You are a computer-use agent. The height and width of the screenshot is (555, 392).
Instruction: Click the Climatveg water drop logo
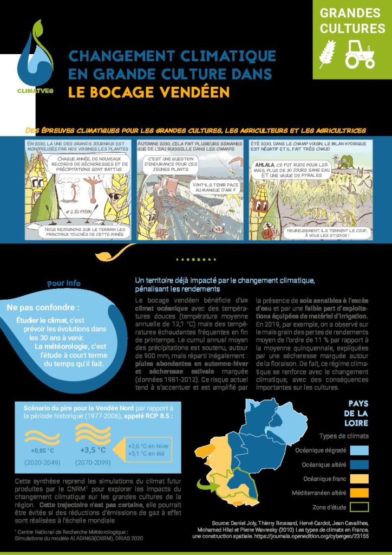pyautogui.click(x=35, y=57)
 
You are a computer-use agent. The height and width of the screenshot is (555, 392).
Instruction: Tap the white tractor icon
pyautogui.click(x=359, y=54)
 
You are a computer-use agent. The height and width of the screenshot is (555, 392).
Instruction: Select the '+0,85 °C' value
pyautogui.click(x=42, y=450)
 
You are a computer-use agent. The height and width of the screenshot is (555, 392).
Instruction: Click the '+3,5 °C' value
pyautogui.click(x=93, y=450)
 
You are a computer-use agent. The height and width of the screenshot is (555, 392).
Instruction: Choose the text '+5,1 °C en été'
pyautogui.click(x=146, y=454)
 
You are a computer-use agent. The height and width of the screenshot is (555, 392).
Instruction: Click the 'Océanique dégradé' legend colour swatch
pyautogui.click(x=359, y=450)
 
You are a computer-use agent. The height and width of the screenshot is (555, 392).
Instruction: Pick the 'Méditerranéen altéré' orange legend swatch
pyautogui.click(x=359, y=493)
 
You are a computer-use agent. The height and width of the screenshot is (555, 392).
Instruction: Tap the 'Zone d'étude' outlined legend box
pyautogui.click(x=359, y=507)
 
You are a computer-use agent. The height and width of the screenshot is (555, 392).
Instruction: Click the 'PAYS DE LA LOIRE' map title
pyautogui.click(x=358, y=414)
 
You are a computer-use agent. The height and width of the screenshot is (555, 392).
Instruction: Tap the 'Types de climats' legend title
pyautogui.click(x=343, y=436)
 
